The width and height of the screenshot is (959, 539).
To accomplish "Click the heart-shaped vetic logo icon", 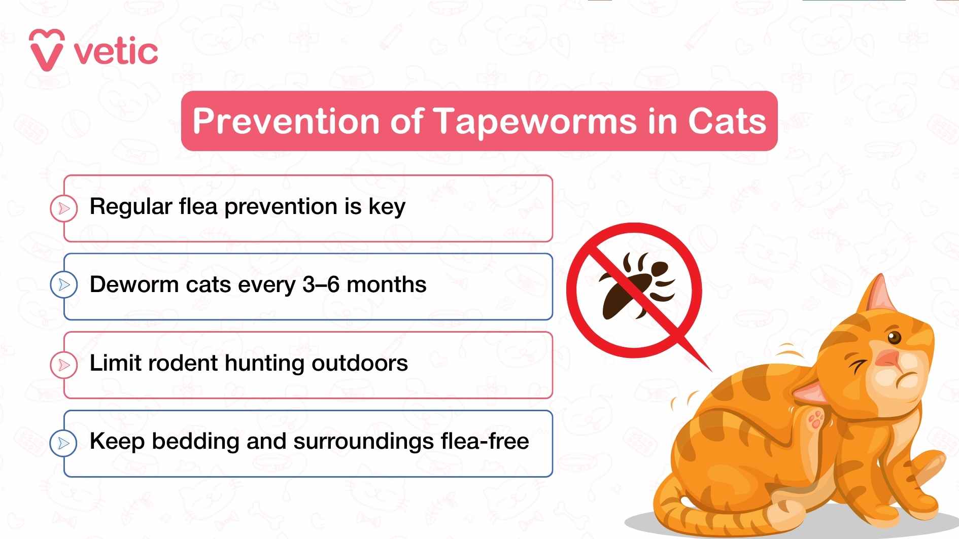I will click(x=47, y=50).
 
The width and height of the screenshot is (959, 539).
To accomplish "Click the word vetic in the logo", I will click(x=116, y=52).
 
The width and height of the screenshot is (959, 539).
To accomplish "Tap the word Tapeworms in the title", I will click(x=535, y=122).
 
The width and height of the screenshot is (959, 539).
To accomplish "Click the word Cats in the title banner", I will click(x=727, y=122).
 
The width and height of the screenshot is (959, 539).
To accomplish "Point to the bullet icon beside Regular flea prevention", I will click(x=64, y=208).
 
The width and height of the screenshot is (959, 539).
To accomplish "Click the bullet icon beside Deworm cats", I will click(x=64, y=284).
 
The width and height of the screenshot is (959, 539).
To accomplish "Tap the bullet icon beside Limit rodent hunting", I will click(x=64, y=365).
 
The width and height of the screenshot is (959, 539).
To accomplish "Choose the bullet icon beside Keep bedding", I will click(x=64, y=443).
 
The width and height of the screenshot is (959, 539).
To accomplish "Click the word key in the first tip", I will click(x=387, y=207).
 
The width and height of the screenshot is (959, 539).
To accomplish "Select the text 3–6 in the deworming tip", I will click(x=321, y=284).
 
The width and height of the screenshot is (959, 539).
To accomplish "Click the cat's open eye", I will click(x=894, y=337).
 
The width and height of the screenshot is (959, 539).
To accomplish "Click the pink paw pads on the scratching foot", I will click(x=816, y=420).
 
